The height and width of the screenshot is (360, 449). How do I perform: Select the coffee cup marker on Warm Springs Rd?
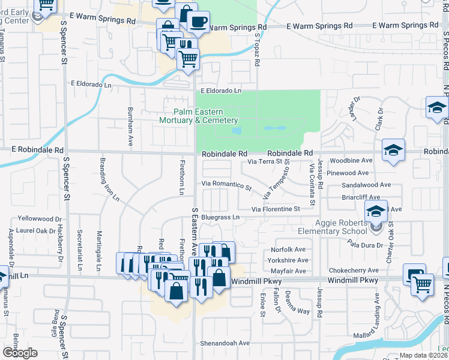click(198, 23)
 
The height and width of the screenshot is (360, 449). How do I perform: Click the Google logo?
click(20, 353)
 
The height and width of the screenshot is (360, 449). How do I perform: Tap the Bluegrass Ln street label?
click(220, 217)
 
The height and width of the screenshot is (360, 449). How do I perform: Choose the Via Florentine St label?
click(276, 209)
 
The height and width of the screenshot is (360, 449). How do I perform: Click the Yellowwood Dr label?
click(40, 219)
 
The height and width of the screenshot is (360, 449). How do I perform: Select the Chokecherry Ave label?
click(358, 271)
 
